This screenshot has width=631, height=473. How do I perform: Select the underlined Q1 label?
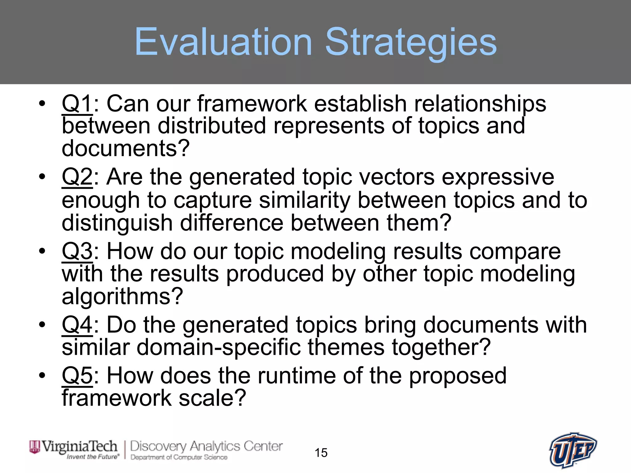pos(77,103)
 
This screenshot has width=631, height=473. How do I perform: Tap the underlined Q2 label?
pos(77,177)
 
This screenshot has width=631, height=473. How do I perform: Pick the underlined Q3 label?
pos(77,251)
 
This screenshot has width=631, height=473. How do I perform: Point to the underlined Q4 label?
pos(77,325)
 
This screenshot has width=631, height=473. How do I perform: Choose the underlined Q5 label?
pos(77,375)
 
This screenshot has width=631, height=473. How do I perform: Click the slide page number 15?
pos(321,453)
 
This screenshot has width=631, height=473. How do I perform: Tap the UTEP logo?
pos(573,451)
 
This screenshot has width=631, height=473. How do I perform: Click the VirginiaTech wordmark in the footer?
pos(79,447)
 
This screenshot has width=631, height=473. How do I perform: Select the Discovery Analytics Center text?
pos(206,446)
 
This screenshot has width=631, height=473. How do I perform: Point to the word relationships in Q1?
pos(480,104)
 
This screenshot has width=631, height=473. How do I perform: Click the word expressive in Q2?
pos(498,177)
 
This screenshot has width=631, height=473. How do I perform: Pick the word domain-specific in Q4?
pos(218,347)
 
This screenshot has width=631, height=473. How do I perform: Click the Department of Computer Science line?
pos(179,457)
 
